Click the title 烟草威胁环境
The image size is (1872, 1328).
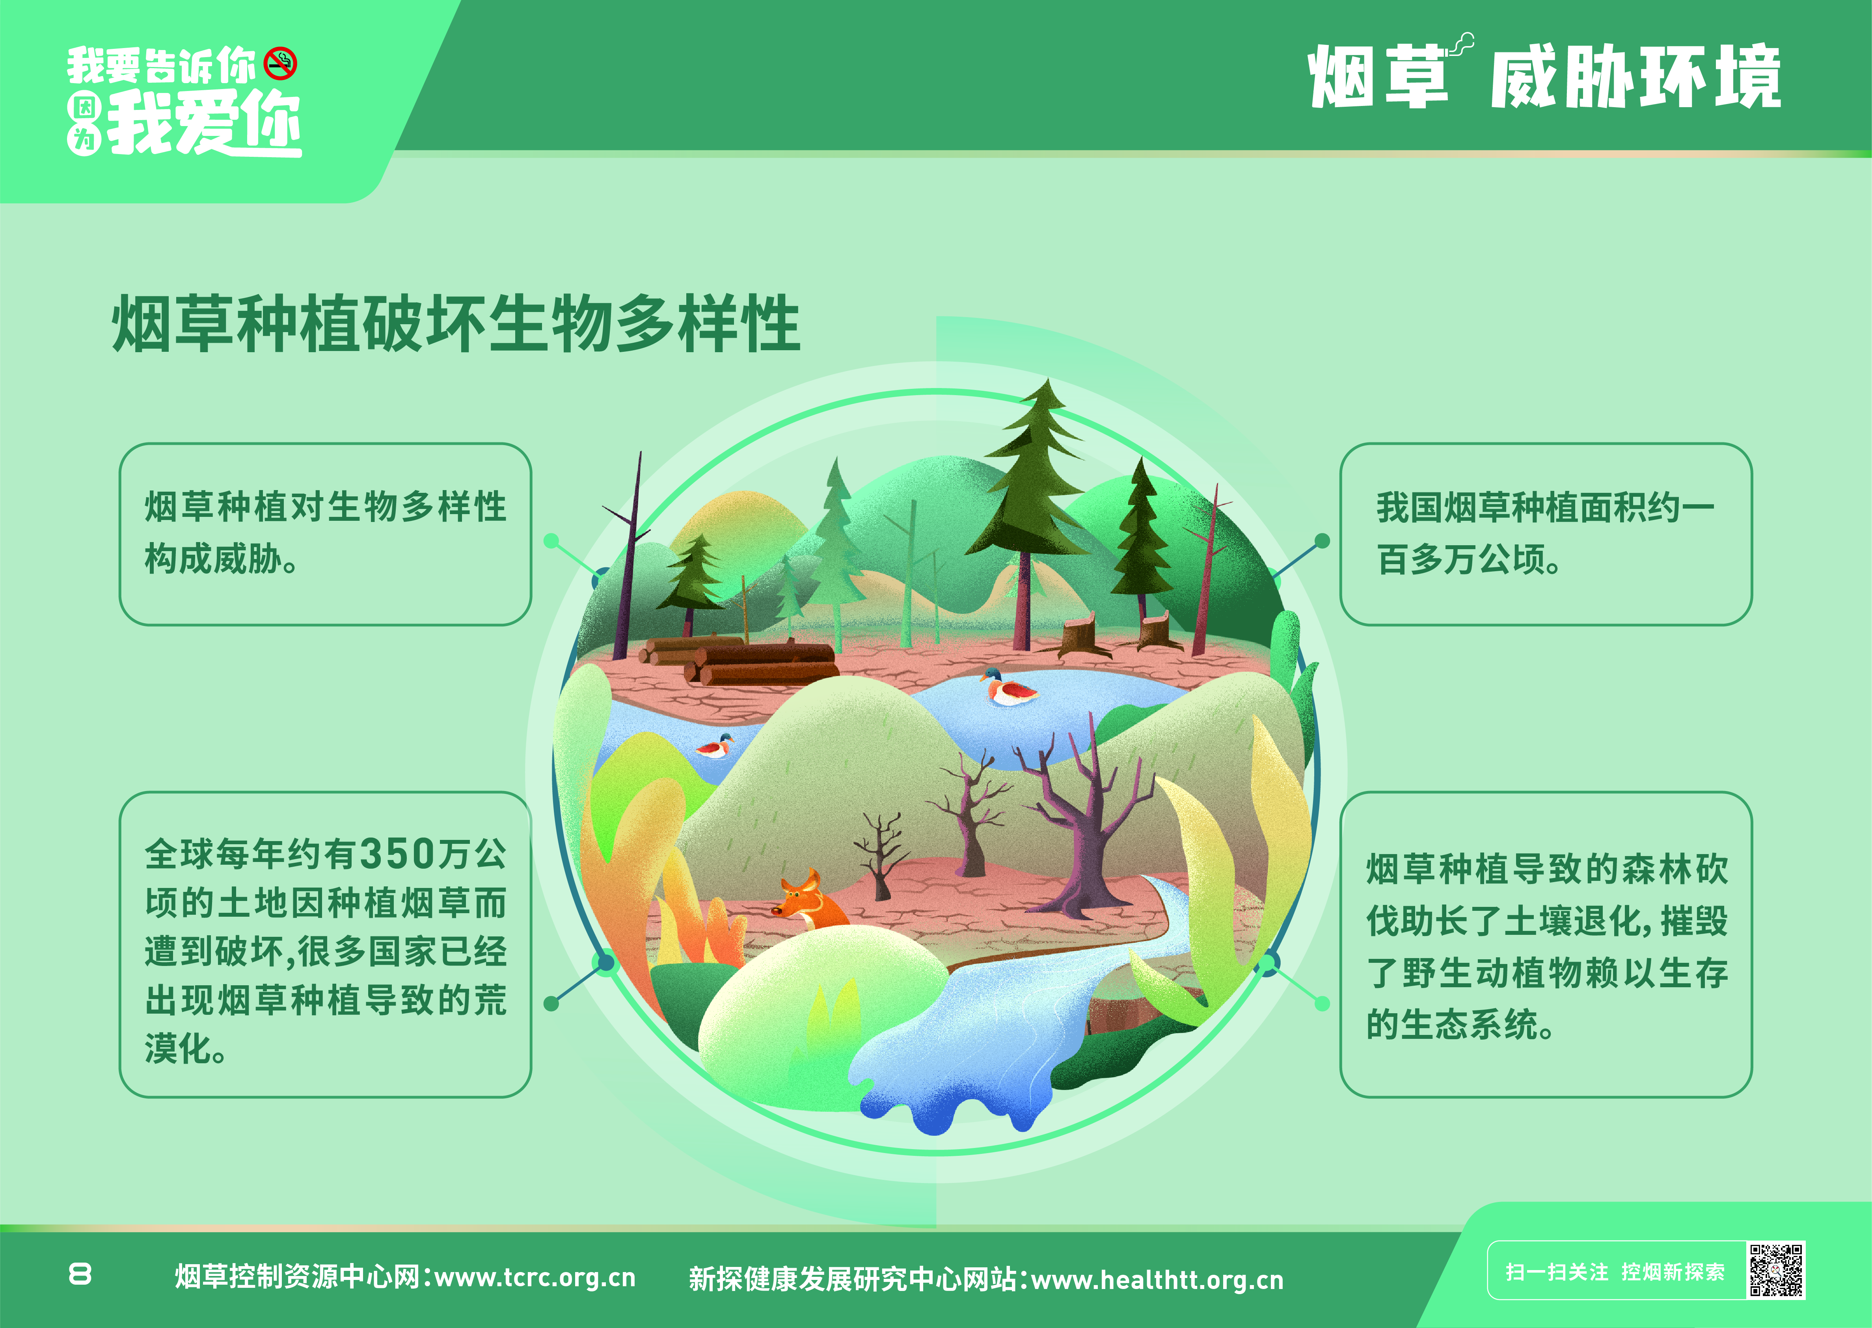tap(1545, 76)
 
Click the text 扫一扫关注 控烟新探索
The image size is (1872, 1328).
tap(1615, 1272)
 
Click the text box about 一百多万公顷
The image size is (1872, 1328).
tap(1546, 534)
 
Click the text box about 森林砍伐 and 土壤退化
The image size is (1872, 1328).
tap(1546, 944)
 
